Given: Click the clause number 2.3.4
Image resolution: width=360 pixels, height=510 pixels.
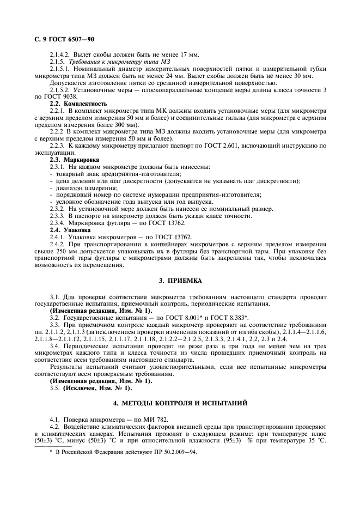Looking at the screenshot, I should [57, 223].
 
